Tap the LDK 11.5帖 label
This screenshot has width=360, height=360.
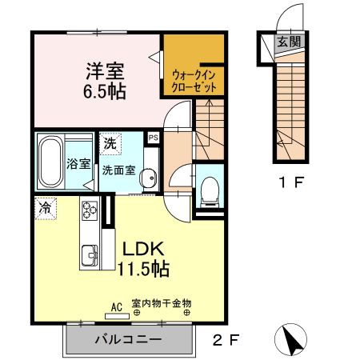click(144, 258)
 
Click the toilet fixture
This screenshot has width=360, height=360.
click(210, 190)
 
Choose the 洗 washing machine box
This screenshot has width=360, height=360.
click(109, 144)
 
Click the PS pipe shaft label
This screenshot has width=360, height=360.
click(152, 138)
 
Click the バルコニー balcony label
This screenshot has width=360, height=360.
click(128, 339)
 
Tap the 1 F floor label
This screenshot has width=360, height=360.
click(290, 182)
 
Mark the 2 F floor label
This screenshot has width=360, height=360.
click(226, 339)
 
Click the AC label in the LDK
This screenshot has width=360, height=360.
click(116, 306)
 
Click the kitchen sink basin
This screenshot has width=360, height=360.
click(88, 256)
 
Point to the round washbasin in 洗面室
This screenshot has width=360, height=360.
click(146, 183)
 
